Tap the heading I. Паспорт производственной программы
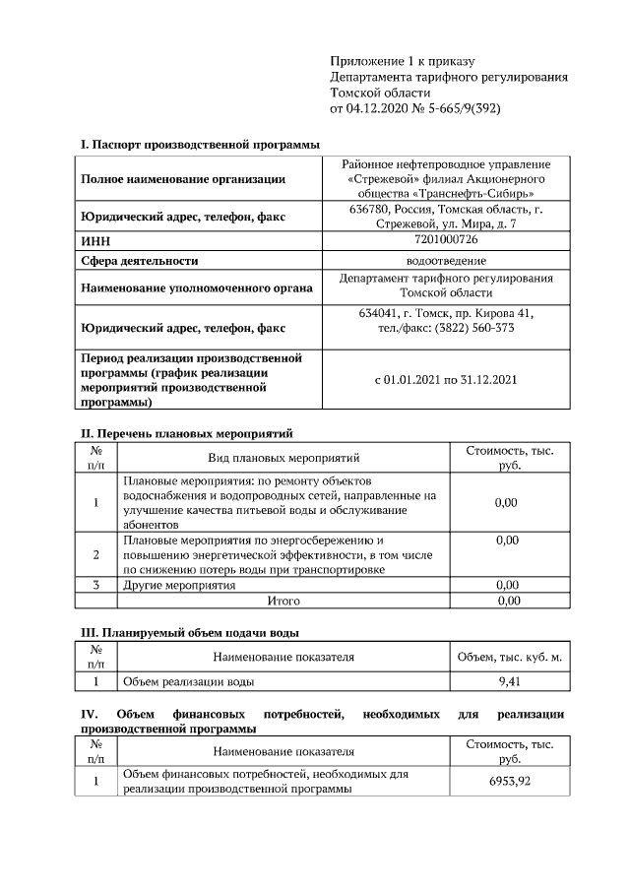click(x=200, y=145)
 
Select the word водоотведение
click(x=446, y=261)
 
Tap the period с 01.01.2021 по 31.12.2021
click(x=446, y=379)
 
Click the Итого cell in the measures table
click(x=284, y=600)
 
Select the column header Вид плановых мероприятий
click(x=284, y=457)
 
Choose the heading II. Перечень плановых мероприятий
click(x=186, y=433)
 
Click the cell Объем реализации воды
click(x=188, y=680)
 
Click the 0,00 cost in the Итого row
click(x=508, y=600)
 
